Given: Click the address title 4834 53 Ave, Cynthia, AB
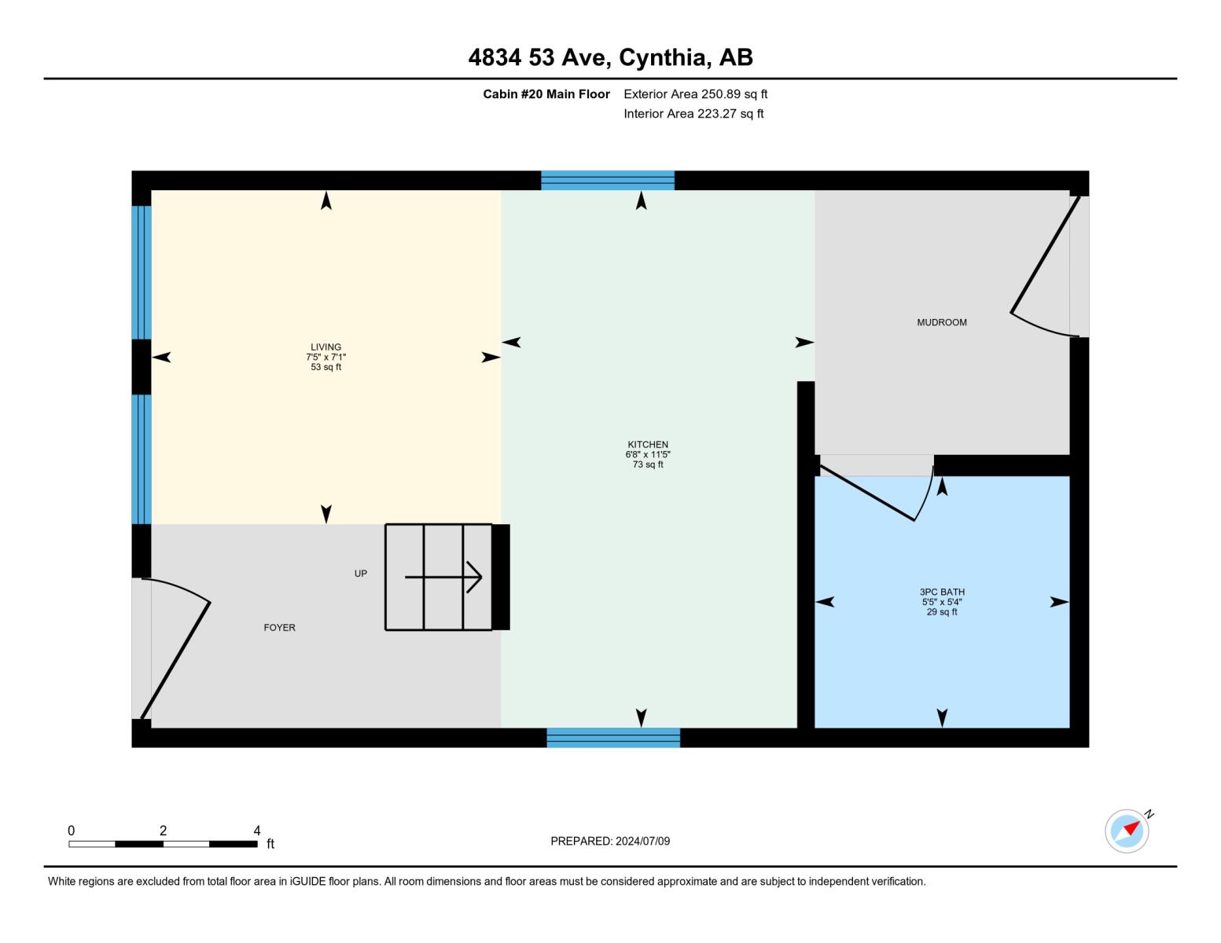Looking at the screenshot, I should (x=610, y=57).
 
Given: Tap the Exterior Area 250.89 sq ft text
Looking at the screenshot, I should (x=695, y=94).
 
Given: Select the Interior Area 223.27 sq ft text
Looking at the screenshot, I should (x=693, y=114).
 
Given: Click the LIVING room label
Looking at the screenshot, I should (x=325, y=347).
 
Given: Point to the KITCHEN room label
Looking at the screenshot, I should (x=648, y=445).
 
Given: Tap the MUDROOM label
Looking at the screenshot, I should (x=941, y=322).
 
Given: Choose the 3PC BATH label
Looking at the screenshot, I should (x=942, y=593).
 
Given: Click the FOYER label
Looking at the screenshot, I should (x=279, y=628).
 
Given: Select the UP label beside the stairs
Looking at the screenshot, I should (x=360, y=574).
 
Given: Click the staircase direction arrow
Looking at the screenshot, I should (x=444, y=578).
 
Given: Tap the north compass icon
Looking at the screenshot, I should (x=1127, y=831).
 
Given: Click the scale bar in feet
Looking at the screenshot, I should (x=163, y=844).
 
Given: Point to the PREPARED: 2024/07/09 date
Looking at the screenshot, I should (x=610, y=842).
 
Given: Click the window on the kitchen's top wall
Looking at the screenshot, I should (x=608, y=181).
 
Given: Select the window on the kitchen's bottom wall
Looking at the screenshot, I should (x=613, y=738).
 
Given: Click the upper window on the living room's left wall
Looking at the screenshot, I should (x=142, y=272).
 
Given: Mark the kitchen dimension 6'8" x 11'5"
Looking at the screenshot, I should (x=648, y=455).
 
